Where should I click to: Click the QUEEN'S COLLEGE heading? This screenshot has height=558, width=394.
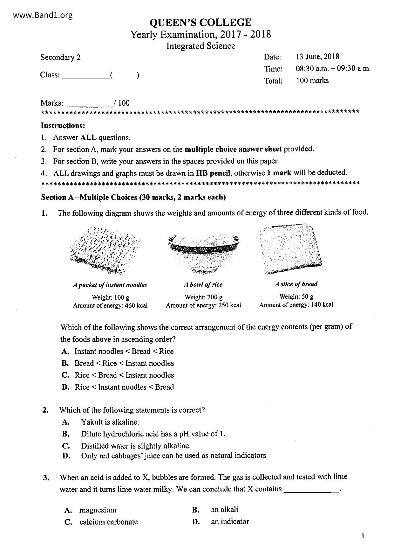[200, 22]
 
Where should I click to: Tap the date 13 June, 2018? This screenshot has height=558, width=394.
[317, 57]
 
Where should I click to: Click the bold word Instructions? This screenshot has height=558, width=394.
[63, 126]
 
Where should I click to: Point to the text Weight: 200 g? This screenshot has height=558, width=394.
[203, 297]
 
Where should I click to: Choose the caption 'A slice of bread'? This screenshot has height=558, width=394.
[296, 284]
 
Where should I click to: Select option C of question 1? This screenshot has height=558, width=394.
[124, 375]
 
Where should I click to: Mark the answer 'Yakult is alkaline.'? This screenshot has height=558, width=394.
[110, 422]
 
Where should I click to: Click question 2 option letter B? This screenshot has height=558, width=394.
[66, 434]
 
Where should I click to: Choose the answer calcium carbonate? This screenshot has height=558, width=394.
[108, 522]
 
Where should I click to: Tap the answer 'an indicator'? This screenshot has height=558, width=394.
[230, 521]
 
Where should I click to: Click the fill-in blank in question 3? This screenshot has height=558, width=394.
[311, 490]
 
